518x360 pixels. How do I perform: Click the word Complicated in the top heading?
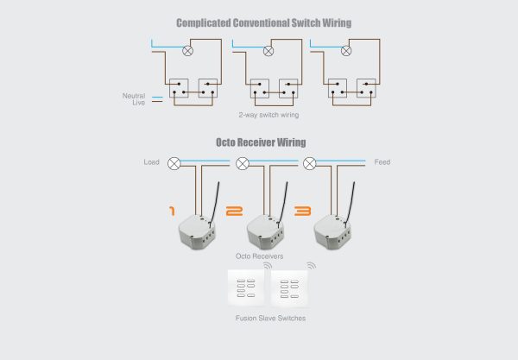click(x=204, y=23)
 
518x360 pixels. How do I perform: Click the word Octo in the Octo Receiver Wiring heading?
click(x=225, y=142)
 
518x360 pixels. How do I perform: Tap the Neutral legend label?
click(x=134, y=96)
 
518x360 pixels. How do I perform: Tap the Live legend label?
click(x=139, y=103)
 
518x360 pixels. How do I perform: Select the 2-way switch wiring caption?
click(x=268, y=115)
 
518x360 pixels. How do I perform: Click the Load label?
click(x=151, y=162)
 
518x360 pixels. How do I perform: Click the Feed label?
click(x=382, y=162)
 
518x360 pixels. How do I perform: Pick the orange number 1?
click(x=172, y=211)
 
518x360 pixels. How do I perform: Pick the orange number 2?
click(x=234, y=211)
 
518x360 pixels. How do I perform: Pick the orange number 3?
click(x=303, y=211)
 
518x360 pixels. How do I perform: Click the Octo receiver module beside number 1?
click(x=197, y=231)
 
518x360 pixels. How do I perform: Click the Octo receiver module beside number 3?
click(x=332, y=231)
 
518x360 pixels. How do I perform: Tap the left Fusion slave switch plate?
click(x=246, y=288)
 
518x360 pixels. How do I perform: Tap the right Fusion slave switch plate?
click(x=289, y=288)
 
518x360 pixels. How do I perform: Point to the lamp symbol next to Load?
click(x=174, y=163)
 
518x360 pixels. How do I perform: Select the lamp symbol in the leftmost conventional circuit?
click(x=187, y=51)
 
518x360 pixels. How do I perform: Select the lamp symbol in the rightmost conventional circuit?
click(x=346, y=51)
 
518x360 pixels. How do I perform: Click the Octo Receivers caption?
click(x=259, y=256)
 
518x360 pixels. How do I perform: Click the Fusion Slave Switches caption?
click(x=270, y=318)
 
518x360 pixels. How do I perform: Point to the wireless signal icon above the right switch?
click(x=311, y=265)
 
